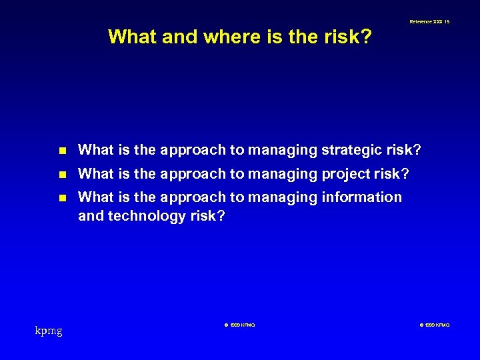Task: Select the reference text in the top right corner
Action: (x=429, y=22)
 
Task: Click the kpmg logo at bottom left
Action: (x=49, y=330)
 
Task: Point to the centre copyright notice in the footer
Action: (x=239, y=325)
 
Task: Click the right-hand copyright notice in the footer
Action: (x=435, y=325)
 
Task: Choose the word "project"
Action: (x=347, y=174)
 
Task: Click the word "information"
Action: (x=361, y=197)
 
